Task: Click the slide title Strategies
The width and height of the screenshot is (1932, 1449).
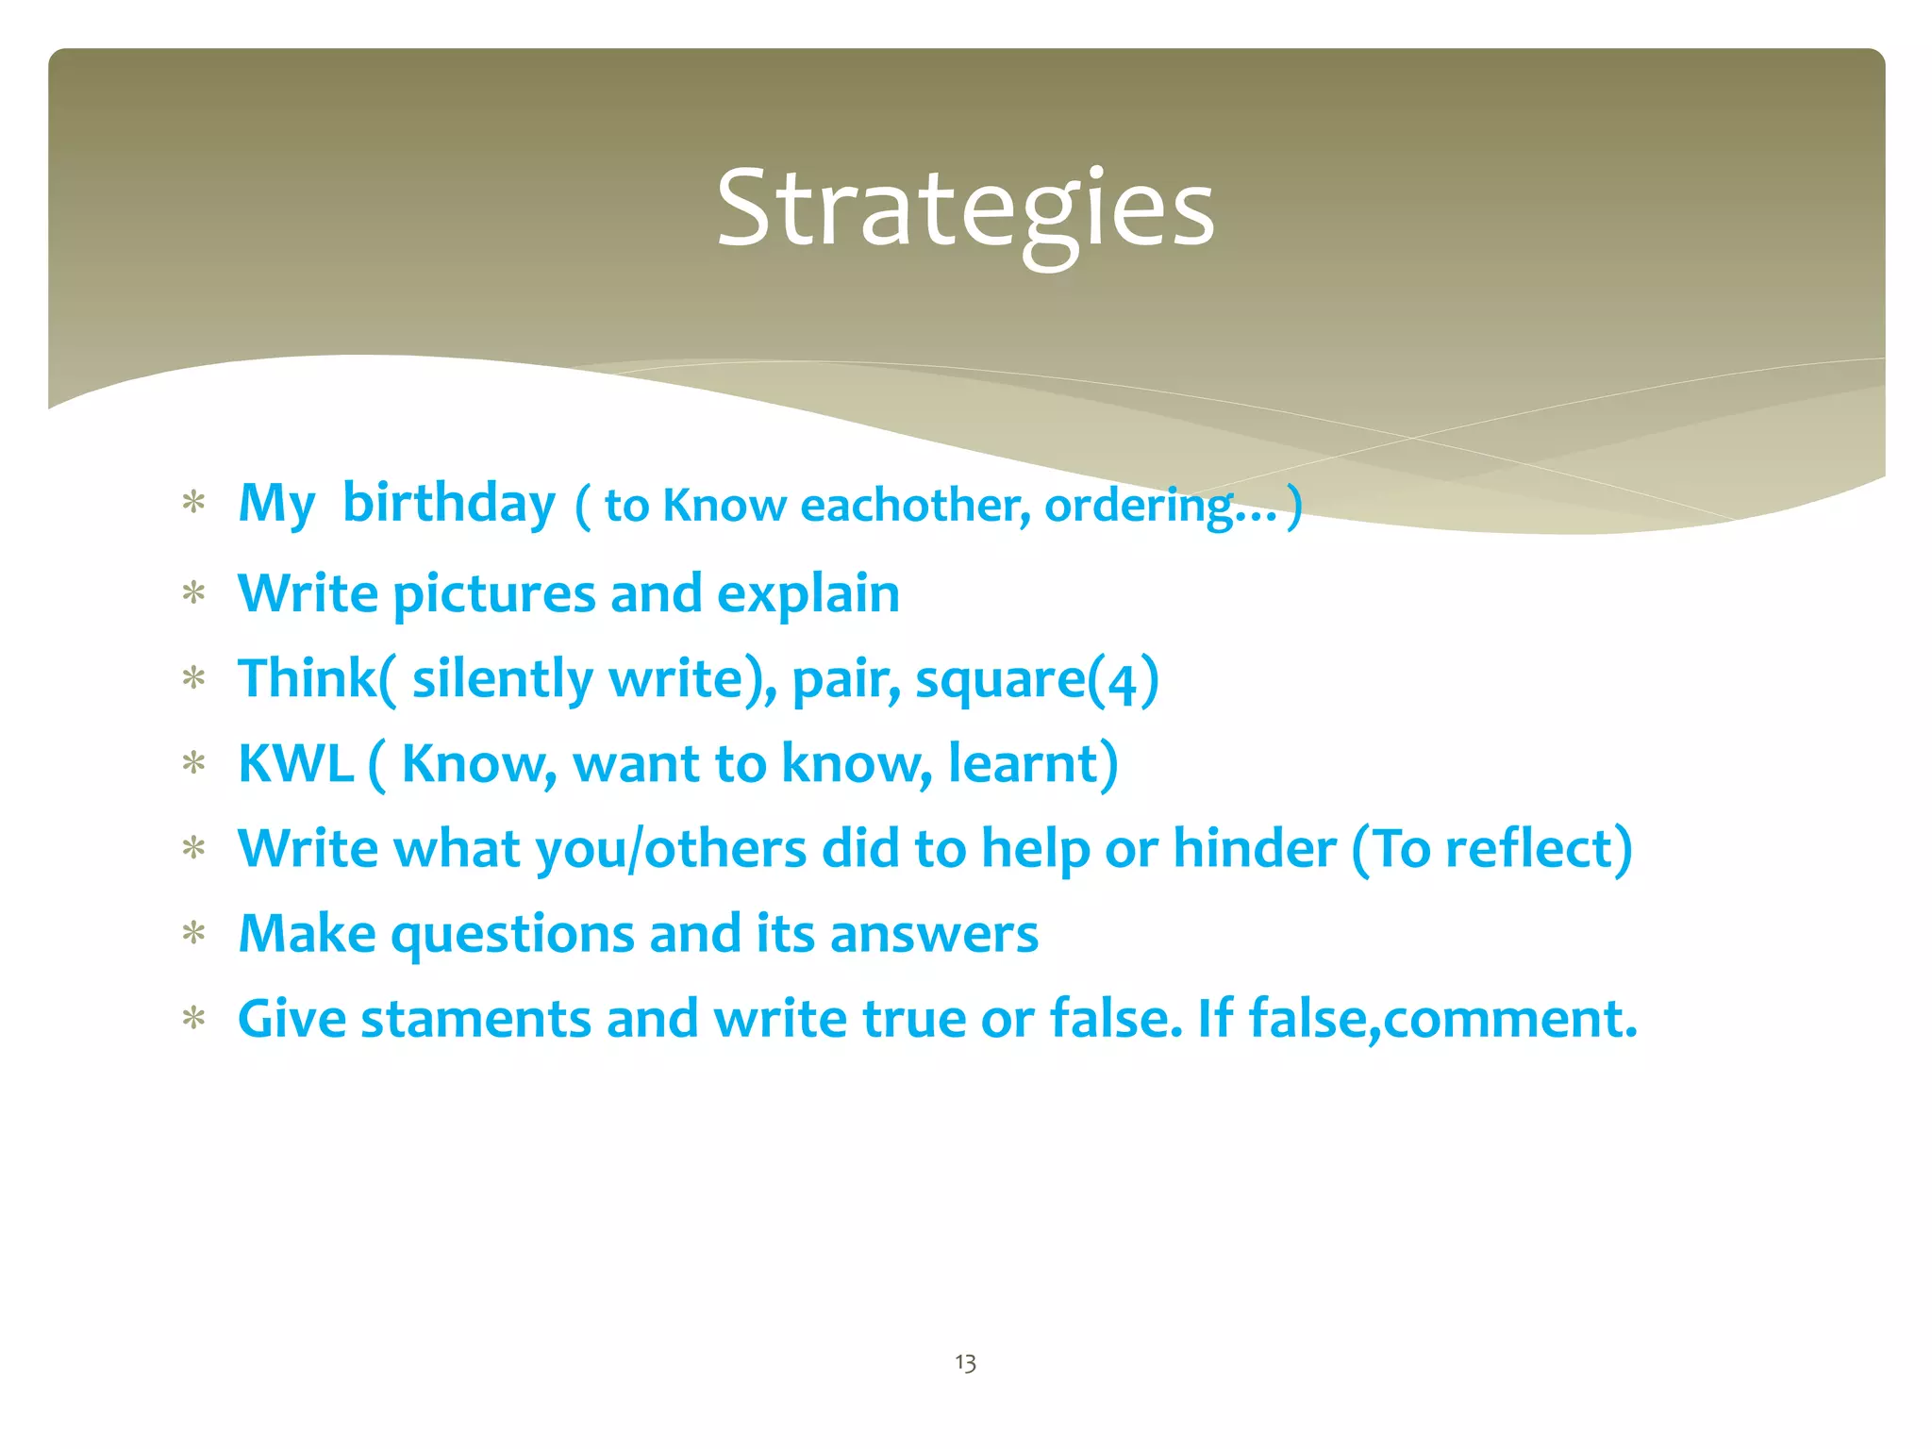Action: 965,209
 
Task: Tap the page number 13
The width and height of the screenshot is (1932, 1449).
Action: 965,1362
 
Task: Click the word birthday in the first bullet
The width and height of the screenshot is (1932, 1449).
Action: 449,504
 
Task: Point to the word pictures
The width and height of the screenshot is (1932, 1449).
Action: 493,595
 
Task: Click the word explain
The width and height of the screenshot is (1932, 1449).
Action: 808,595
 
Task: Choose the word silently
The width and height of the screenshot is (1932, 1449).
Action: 502,679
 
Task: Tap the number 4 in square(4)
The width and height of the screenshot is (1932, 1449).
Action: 1122,682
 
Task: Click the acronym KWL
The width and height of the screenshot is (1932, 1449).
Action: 295,764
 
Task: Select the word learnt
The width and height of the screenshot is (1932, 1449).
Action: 1024,764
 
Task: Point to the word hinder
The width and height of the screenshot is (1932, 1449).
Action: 1254,849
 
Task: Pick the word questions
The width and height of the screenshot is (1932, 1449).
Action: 512,935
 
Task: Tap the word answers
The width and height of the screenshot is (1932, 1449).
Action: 933,935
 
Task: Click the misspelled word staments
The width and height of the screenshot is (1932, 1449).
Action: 475,1020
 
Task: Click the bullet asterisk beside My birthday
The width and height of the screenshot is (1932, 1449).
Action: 194,502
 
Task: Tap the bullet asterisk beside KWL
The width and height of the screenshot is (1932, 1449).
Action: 194,763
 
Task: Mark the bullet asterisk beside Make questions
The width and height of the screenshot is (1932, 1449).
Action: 194,934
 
